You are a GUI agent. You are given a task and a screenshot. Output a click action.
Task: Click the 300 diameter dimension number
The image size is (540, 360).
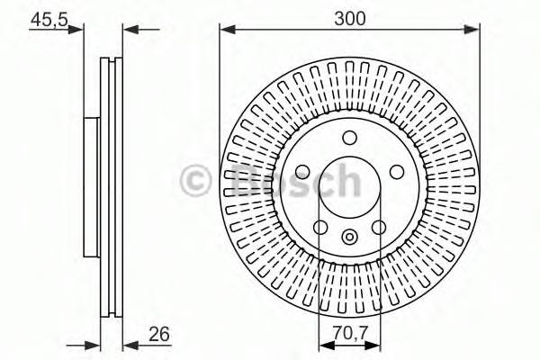coord(349,17)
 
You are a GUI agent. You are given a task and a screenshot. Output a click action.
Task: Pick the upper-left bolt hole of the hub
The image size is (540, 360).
coord(302,172)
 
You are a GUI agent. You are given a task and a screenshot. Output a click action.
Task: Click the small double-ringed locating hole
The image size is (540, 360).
coord(350,239)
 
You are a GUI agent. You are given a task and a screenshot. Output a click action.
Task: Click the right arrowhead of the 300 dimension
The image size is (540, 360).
coord(473,30)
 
